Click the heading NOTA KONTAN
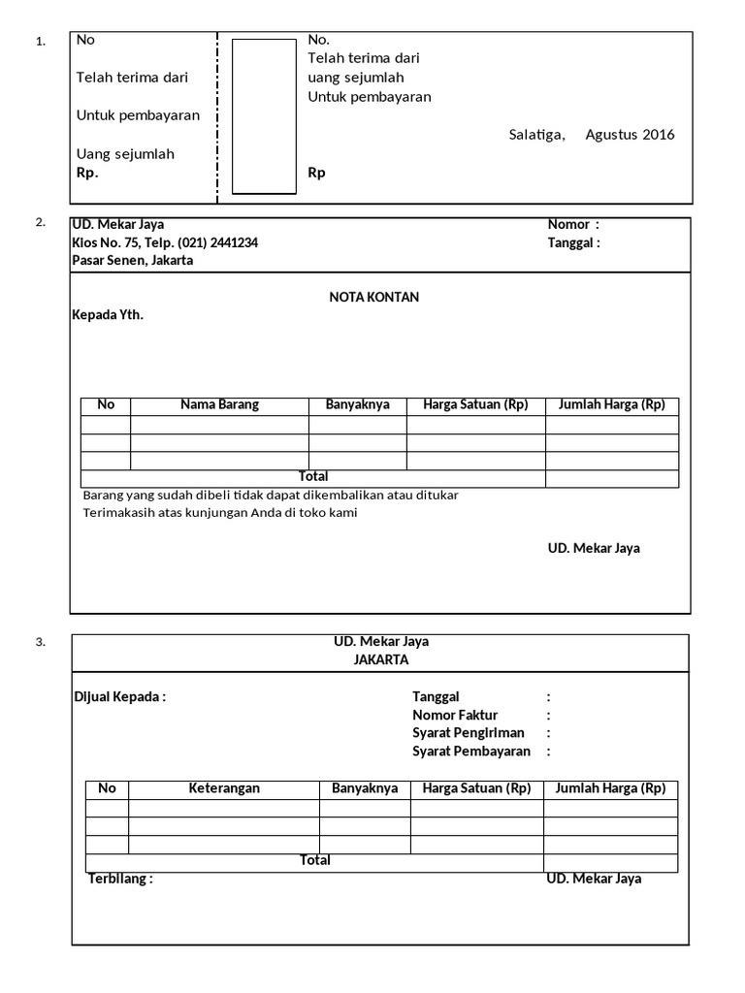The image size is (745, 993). click(x=373, y=297)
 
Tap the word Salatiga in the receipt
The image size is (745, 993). click(x=536, y=135)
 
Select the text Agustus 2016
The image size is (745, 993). click(x=630, y=135)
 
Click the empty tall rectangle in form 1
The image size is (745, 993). click(x=264, y=116)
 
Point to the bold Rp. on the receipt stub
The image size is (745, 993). click(x=87, y=173)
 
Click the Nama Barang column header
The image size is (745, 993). click(x=219, y=405)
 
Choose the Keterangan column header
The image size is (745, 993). click(x=224, y=788)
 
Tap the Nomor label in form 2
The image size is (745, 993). click(x=568, y=224)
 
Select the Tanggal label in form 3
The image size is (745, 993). click(x=436, y=696)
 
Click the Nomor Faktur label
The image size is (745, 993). click(x=454, y=715)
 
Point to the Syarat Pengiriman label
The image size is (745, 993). click(x=469, y=733)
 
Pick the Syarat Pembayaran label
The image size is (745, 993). click(x=471, y=752)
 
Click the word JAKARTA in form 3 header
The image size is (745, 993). click(x=381, y=659)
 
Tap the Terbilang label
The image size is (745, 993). click(x=120, y=879)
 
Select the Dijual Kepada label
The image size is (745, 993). click(x=120, y=696)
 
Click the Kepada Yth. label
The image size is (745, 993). click(x=108, y=315)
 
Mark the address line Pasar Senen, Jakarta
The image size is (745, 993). click(x=132, y=260)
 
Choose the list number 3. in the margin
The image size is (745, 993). click(x=40, y=642)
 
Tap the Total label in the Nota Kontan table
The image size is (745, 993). click(x=313, y=477)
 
